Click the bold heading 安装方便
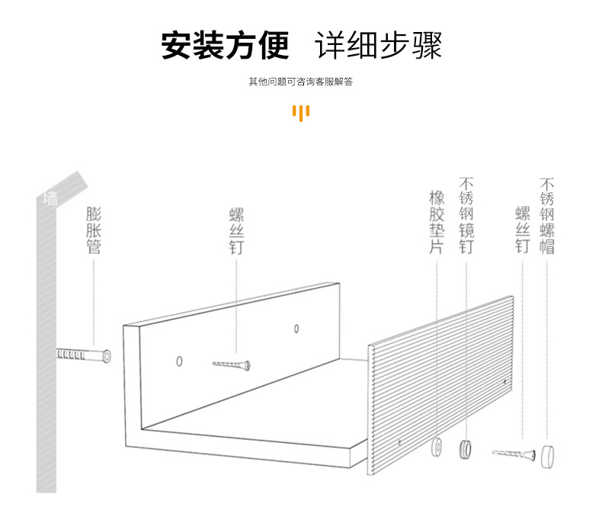click(226, 45)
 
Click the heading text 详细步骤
click(378, 45)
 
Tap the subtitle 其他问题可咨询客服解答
click(300, 82)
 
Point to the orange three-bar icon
click(301, 112)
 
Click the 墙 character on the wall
click(50, 200)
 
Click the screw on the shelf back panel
click(232, 366)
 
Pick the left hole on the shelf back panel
click(180, 359)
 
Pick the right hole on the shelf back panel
click(296, 329)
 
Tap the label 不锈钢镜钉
click(466, 216)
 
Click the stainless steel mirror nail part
click(465, 448)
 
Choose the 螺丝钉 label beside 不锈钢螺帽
click(522, 229)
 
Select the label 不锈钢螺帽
click(546, 216)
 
